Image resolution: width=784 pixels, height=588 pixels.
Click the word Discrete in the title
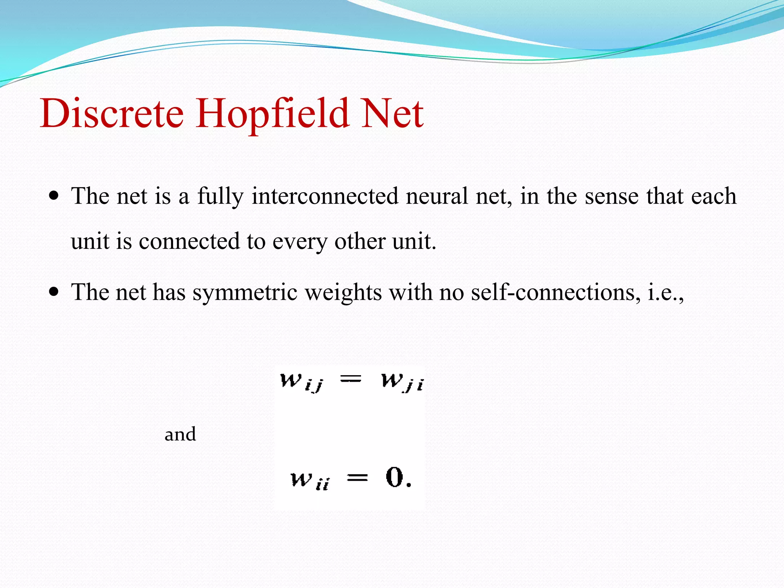(112, 113)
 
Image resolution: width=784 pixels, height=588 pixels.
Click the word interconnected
(325, 196)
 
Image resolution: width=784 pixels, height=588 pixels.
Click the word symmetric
(245, 292)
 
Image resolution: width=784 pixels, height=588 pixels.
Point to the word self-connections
(555, 292)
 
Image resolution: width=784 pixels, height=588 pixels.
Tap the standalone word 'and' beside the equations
(180, 434)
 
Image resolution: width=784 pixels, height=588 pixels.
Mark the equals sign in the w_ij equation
(351, 379)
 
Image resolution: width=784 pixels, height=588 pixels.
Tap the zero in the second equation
(395, 477)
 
